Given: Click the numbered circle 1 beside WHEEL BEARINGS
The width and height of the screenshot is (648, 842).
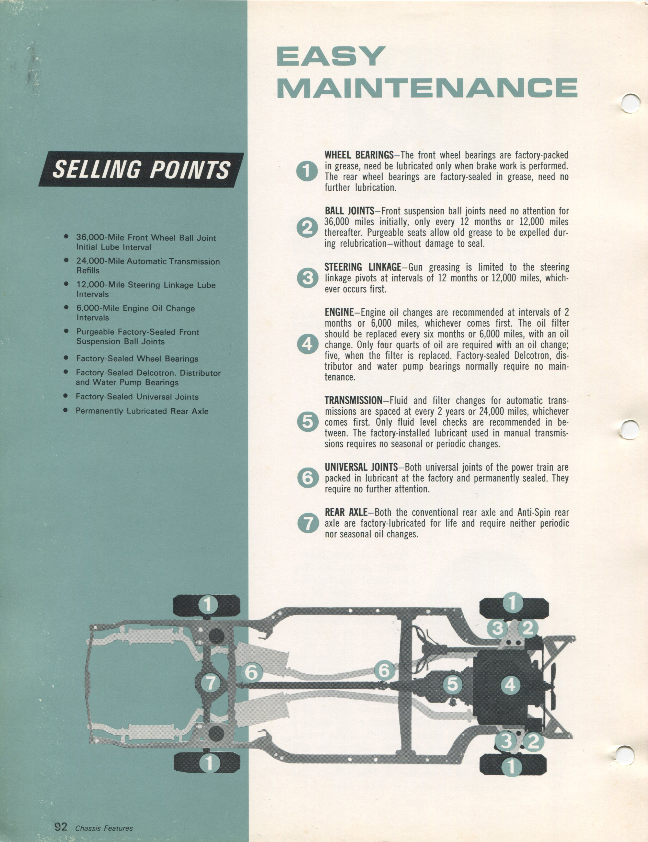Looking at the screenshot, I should tap(307, 171).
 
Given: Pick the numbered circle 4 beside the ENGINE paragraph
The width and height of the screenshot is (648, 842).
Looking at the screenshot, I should tap(307, 344).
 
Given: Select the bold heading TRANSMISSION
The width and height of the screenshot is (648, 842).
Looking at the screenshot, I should tap(353, 401).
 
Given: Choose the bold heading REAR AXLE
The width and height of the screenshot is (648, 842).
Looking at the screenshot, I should tap(346, 513).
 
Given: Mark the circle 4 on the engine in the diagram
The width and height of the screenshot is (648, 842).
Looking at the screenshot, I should tap(510, 685).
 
